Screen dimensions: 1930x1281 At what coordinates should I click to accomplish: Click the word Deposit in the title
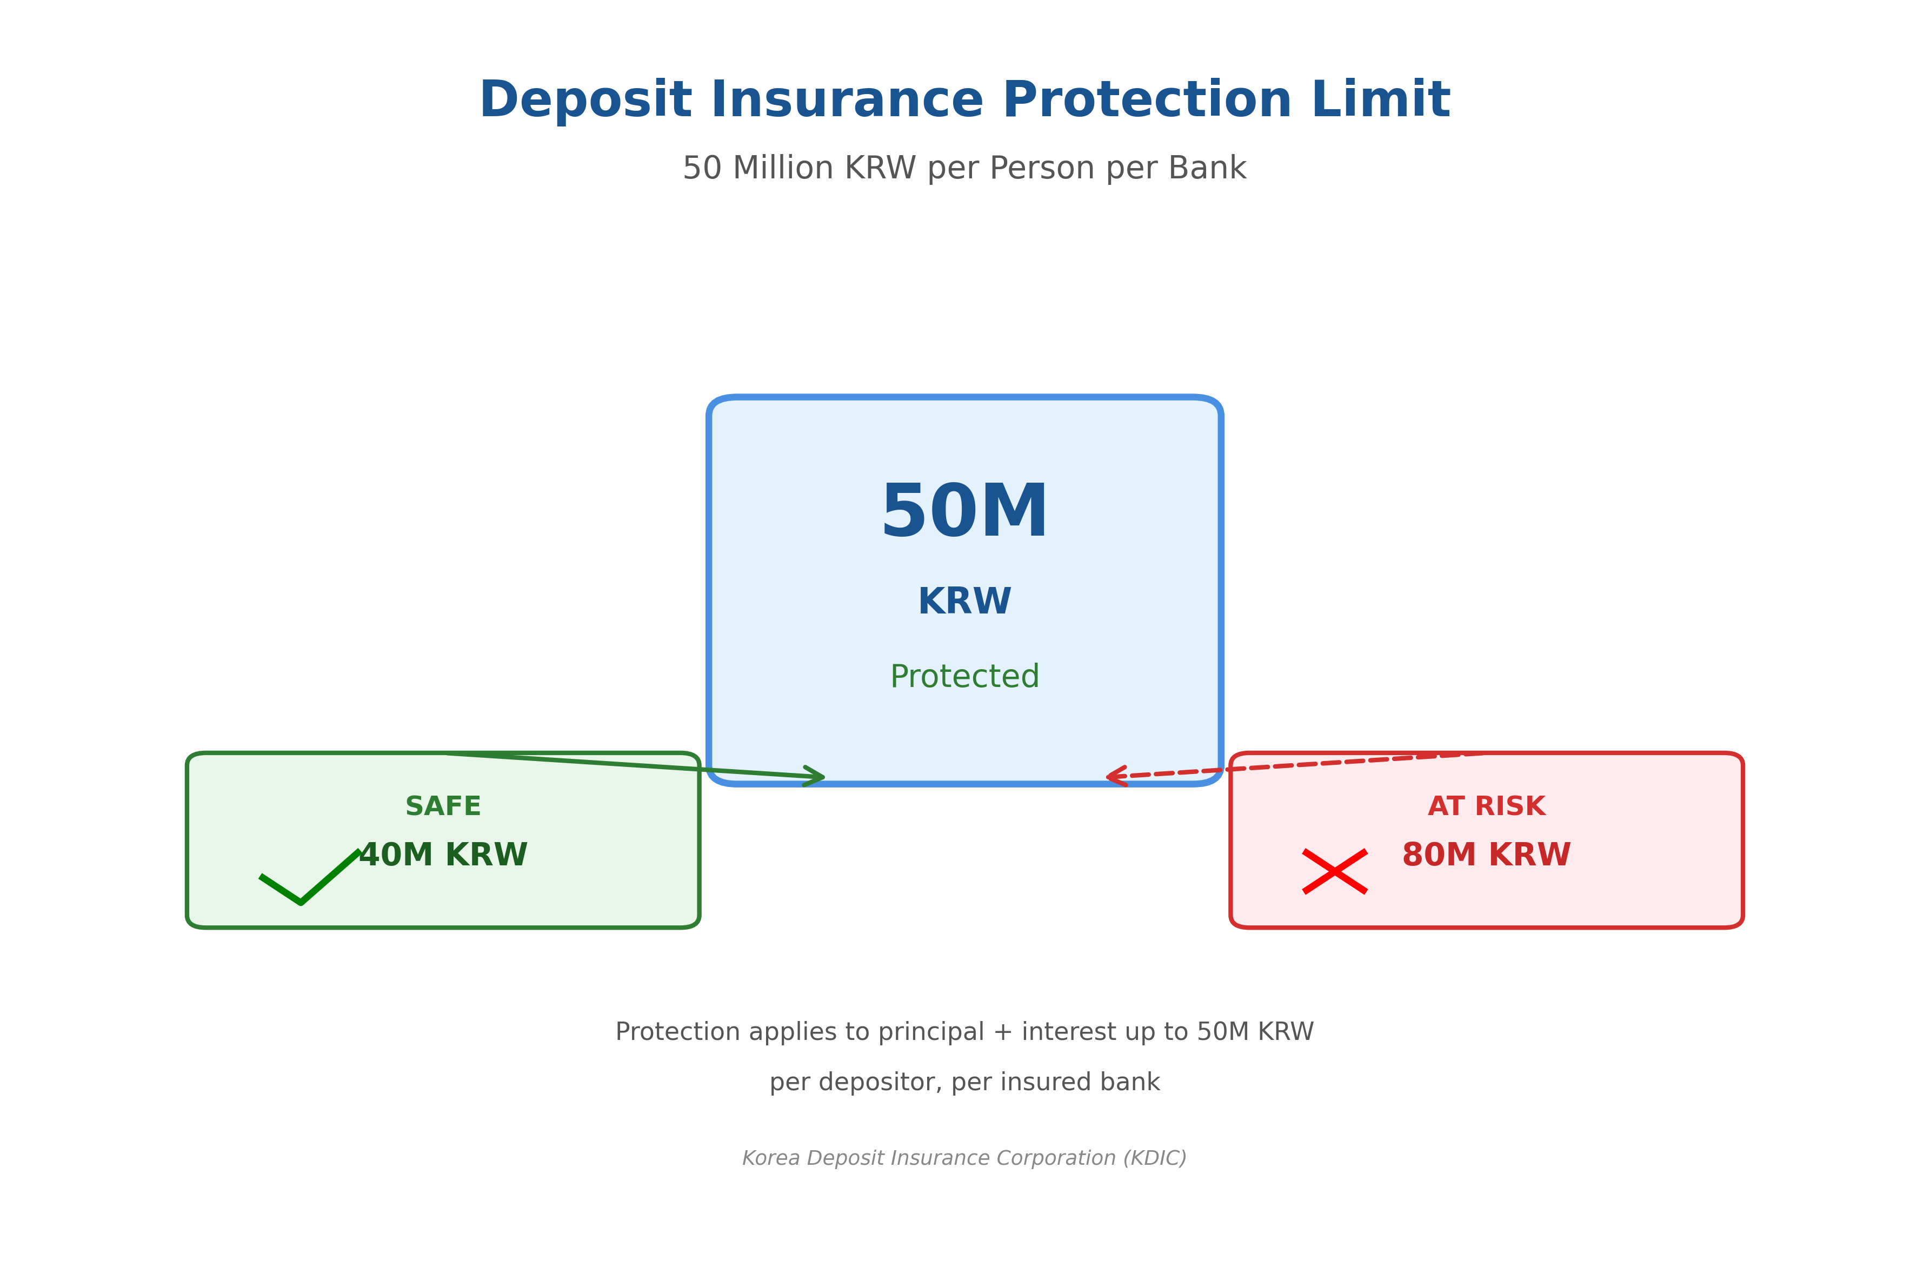(585, 101)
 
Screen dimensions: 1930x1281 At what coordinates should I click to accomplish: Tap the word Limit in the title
(1380, 101)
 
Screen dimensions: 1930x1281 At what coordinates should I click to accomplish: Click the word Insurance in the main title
(847, 101)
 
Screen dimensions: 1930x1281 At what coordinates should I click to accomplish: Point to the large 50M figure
(964, 512)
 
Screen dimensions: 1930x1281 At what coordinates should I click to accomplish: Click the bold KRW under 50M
(964, 602)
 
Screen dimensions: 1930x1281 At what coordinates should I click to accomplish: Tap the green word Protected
(964, 677)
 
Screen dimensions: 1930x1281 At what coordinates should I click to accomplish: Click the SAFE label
(443, 806)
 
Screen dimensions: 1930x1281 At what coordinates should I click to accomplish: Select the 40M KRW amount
(443, 856)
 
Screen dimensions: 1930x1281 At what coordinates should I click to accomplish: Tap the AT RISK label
(1486, 806)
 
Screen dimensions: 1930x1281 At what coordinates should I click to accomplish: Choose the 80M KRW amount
(1486, 856)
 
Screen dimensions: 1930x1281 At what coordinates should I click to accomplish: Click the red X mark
(1334, 872)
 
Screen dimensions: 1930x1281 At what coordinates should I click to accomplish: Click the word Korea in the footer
(770, 1158)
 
